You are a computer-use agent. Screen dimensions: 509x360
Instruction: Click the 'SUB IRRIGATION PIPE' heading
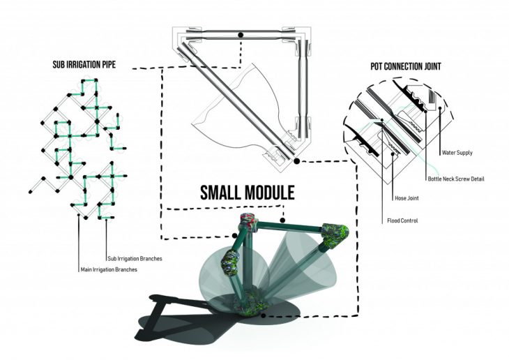click(x=84, y=64)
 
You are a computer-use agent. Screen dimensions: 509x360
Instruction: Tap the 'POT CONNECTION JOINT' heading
click(x=406, y=66)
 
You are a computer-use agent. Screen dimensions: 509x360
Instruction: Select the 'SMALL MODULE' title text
click(x=248, y=193)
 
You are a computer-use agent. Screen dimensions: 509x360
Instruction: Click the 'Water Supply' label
click(x=457, y=152)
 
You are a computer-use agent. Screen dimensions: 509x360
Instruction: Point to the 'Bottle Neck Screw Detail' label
click(x=456, y=179)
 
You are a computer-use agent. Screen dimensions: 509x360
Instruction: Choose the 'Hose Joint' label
click(x=407, y=198)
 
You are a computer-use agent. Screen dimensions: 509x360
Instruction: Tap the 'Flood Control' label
click(x=402, y=220)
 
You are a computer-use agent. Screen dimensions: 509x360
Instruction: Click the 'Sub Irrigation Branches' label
click(x=135, y=259)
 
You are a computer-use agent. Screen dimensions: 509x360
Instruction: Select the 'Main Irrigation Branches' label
click(x=109, y=269)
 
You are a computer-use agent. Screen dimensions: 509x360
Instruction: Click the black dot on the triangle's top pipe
click(x=241, y=35)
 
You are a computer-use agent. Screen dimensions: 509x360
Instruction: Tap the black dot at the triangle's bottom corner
click(x=296, y=160)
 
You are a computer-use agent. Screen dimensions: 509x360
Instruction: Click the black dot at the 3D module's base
click(x=264, y=315)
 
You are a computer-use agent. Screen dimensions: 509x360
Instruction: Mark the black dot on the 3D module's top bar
click(x=282, y=220)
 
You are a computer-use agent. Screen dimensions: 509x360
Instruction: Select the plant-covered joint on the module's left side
click(x=231, y=262)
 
